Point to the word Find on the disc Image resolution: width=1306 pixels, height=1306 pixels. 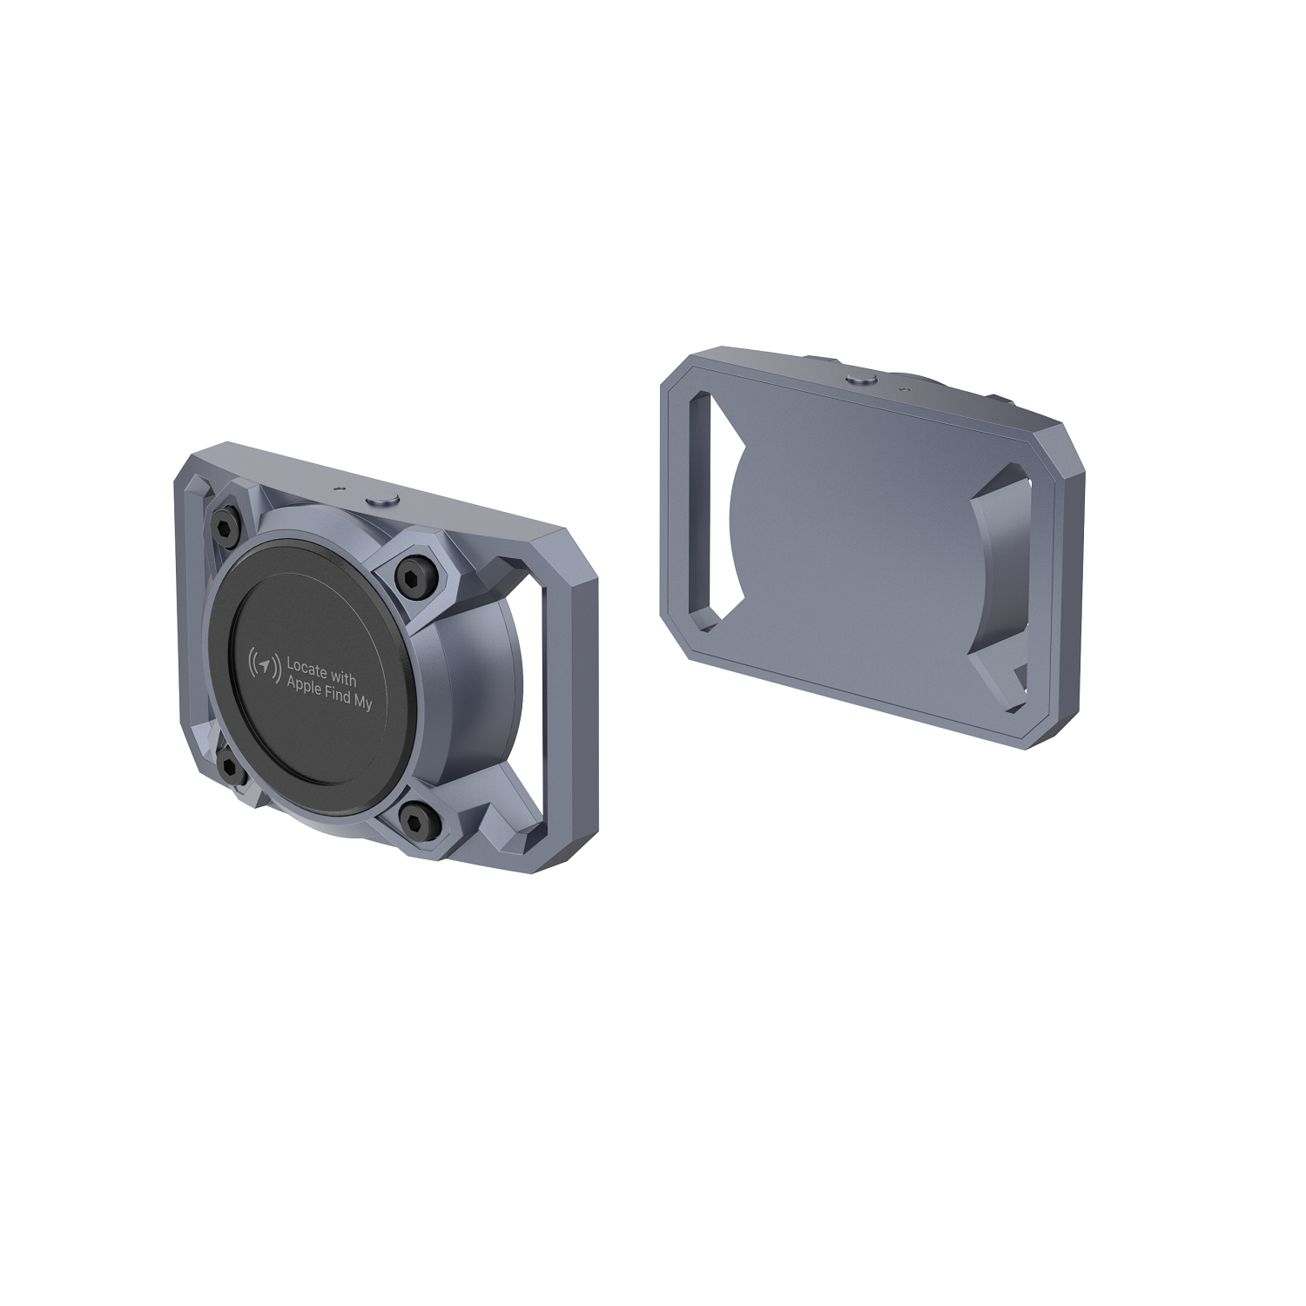(342, 696)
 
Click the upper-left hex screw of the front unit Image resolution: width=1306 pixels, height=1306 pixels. (225, 525)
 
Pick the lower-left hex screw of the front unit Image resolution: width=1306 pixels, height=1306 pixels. (232, 765)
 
